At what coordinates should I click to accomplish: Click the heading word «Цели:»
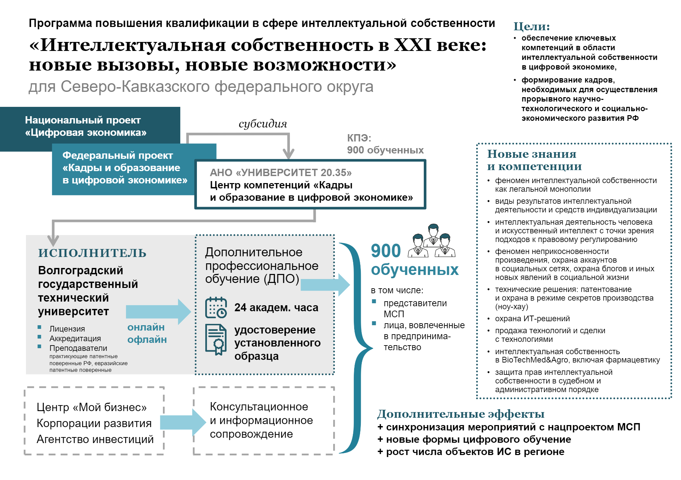pos(531,26)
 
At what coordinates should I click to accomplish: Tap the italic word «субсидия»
pos(263,124)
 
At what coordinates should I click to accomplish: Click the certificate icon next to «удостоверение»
pos(216,340)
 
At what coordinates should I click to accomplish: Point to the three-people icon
pos(432,241)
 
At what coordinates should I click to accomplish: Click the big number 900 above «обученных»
pos(385,251)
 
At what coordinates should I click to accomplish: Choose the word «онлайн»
pos(146,327)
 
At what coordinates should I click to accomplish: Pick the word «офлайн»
pos(147,340)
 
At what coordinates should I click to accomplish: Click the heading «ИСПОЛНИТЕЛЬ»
pos(92,253)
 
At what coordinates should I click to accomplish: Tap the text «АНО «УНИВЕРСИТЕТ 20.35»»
pos(281,172)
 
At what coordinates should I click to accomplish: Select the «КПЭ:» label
pos(359,138)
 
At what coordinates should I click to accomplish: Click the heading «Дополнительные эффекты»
pos(460,414)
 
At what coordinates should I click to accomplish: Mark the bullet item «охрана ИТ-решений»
pos(532,319)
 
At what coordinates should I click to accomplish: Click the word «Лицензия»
pos(67,329)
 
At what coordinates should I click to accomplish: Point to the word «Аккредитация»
pos(75,339)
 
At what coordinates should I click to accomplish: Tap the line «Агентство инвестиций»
pos(95,439)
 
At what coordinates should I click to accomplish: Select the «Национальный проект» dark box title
pos(83,120)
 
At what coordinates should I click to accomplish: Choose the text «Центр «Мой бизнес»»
pos(91,407)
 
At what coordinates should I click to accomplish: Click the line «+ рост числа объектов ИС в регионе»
pos(471,452)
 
